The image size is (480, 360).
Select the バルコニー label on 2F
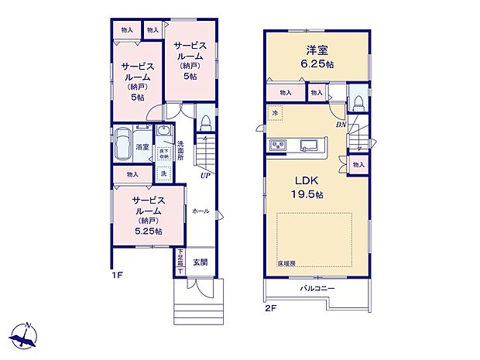coord(317,289)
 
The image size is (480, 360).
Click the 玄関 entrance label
coord(200,262)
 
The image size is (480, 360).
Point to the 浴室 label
coord(143,146)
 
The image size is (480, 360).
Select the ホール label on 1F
coord(200,211)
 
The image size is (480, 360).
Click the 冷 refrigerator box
coord(276,114)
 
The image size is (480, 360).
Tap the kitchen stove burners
coord(278,146)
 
